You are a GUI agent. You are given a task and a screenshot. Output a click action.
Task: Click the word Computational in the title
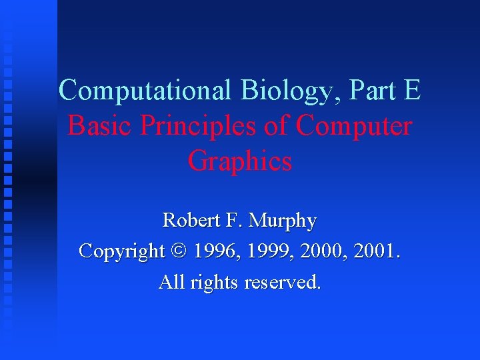(x=145, y=90)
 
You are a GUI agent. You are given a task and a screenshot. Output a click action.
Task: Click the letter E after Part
(x=411, y=90)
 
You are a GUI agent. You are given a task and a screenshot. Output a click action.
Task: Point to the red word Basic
(x=96, y=125)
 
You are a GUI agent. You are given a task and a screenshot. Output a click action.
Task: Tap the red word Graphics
(x=240, y=161)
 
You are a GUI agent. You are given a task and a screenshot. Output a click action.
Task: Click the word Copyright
(x=121, y=252)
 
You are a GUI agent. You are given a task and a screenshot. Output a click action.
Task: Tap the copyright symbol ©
(x=180, y=251)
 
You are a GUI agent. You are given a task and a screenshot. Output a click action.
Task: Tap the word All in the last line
(x=172, y=282)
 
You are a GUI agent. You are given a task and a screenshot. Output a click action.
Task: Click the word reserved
(x=283, y=282)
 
